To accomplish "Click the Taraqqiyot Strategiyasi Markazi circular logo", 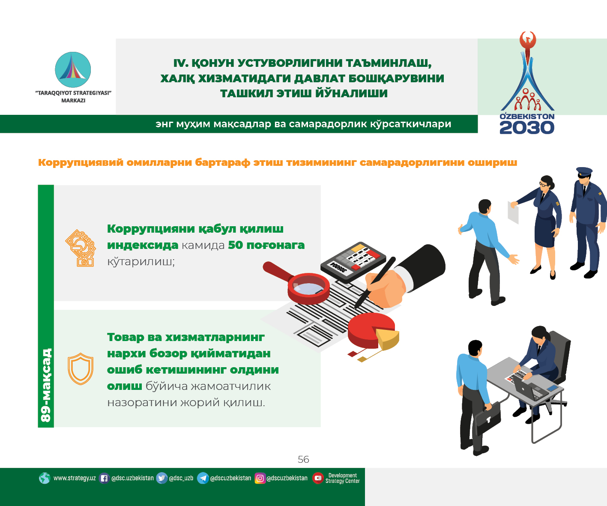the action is (73, 70).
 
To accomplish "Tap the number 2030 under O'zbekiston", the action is (527, 128).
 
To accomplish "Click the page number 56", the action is (303, 459).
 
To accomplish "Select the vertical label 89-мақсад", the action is (46, 385).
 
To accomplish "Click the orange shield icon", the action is (81, 369).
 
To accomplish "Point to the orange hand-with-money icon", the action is (81, 248).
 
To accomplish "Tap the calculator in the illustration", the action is (353, 261).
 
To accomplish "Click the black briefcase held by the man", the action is (488, 418).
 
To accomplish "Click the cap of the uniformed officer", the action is (584, 172).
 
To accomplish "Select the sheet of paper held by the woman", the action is (513, 212).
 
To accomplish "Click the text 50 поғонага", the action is (266, 245).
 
